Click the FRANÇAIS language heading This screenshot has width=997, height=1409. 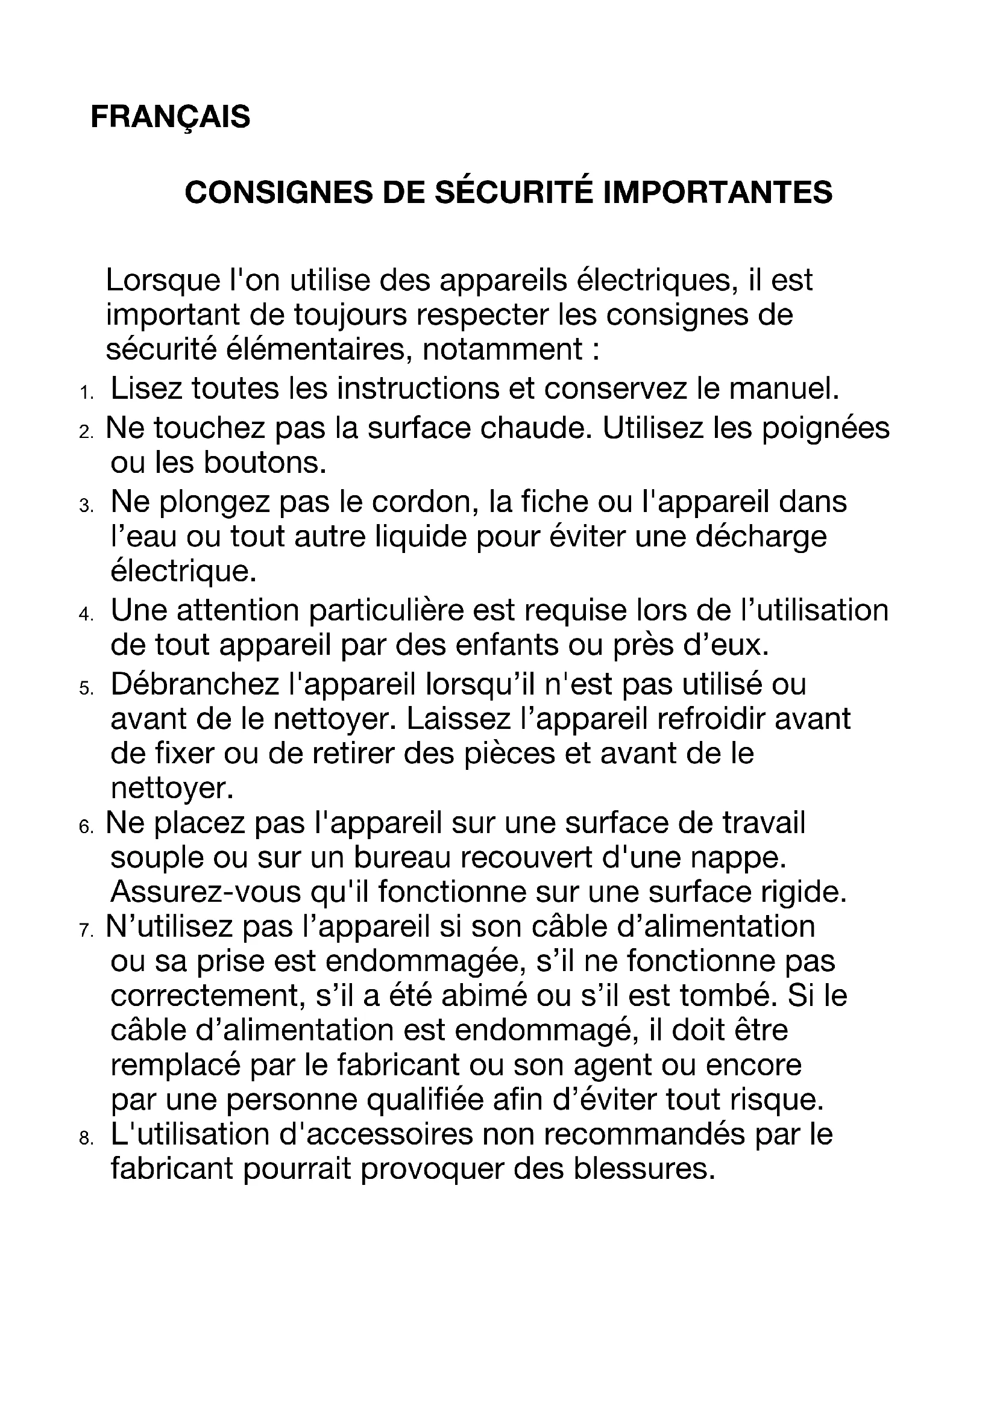click(x=170, y=117)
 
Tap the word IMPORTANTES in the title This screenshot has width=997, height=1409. click(x=719, y=192)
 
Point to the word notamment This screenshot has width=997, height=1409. click(x=503, y=349)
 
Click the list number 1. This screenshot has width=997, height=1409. click(x=86, y=393)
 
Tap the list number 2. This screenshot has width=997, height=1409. click(x=86, y=432)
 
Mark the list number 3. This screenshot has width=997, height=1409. click(x=86, y=506)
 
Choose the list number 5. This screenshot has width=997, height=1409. click(x=86, y=689)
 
